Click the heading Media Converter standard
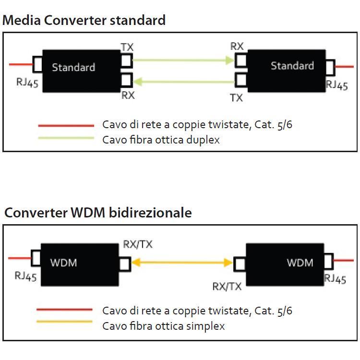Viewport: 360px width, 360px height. click(84, 20)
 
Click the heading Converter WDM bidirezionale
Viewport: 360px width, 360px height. click(98, 213)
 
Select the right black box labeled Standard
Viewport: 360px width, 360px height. click(285, 71)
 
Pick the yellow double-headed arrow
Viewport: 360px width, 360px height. click(182, 263)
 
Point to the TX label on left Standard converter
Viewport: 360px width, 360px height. click(127, 47)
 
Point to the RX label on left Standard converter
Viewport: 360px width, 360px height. click(128, 95)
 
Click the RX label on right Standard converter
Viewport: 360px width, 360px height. click(237, 46)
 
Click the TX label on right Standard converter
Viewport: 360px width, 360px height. click(236, 98)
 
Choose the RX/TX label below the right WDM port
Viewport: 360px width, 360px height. click(227, 287)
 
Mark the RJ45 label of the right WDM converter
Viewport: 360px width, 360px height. click(335, 278)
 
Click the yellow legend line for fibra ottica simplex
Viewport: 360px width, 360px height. click(64, 322)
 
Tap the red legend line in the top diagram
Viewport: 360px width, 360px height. click(66, 125)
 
